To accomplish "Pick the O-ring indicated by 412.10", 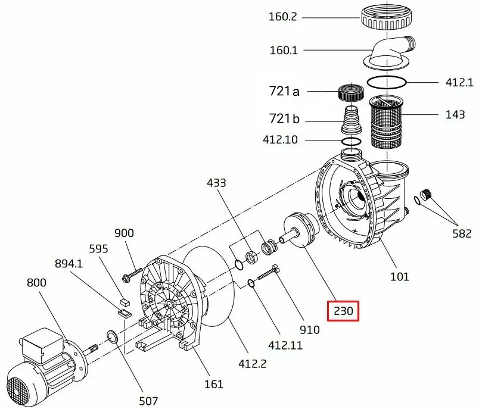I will tap(352, 142).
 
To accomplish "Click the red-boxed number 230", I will tap(343, 311).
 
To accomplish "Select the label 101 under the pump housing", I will tap(399, 276).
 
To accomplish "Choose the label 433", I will tap(216, 183).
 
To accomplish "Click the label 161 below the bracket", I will tap(214, 384).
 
